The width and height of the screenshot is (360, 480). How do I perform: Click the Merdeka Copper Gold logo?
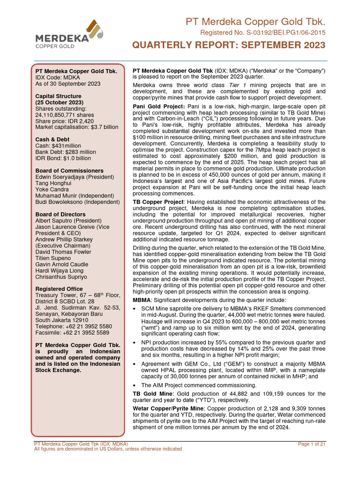coord(69,35)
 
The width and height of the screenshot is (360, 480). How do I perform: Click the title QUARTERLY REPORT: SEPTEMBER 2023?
coord(228,45)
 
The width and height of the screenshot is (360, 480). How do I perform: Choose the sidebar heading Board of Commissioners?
coord(69,171)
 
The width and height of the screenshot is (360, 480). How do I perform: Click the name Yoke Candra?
coord(54,189)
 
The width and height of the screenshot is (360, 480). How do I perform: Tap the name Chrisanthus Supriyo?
coord(68,277)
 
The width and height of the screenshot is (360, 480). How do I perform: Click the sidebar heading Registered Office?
coord(59,289)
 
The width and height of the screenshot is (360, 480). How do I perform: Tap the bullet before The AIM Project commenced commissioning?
coord(135,385)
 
